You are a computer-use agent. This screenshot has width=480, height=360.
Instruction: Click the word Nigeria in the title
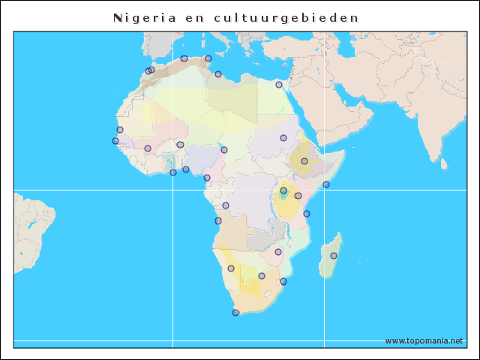[145, 17]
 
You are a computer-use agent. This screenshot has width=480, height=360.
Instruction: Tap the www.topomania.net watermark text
[424, 340]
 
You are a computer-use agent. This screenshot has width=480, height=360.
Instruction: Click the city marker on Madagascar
[334, 256]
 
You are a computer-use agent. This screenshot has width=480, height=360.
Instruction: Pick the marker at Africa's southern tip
[235, 312]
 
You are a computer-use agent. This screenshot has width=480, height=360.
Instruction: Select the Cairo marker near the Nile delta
[279, 85]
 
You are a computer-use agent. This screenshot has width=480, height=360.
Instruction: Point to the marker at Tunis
[208, 58]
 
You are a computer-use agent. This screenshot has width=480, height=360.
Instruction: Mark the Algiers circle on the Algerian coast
[184, 58]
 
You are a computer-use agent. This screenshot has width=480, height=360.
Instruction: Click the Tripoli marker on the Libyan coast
[218, 74]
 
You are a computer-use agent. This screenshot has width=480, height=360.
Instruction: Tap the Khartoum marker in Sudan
[283, 138]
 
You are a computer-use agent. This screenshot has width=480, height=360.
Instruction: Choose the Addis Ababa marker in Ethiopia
[304, 161]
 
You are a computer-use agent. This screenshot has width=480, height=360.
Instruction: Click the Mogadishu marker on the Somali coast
[326, 184]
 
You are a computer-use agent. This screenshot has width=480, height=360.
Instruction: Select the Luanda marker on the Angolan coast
[218, 220]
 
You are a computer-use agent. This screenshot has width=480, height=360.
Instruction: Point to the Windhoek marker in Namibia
[231, 268]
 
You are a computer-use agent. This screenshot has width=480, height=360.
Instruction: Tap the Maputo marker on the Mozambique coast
[283, 281]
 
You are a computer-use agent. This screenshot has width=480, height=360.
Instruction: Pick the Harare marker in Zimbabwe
[278, 252]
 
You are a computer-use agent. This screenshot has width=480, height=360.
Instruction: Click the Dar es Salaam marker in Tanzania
[307, 214]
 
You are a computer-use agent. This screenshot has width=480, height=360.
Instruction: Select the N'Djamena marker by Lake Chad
[224, 150]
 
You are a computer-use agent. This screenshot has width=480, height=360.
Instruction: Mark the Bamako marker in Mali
[148, 148]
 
